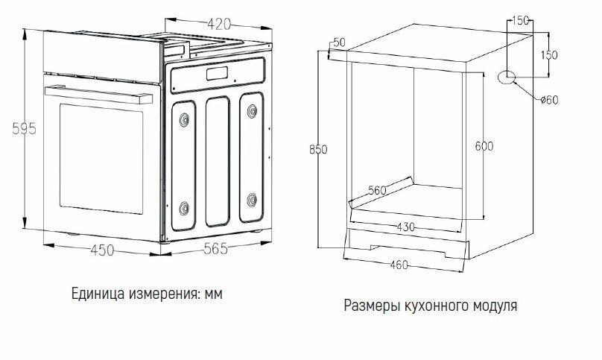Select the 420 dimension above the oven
(x=218, y=25)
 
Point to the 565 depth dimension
(x=216, y=250)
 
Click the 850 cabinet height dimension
(x=318, y=150)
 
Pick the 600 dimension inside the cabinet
(x=484, y=146)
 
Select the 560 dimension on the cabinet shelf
(x=377, y=191)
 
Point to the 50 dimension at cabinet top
(x=340, y=42)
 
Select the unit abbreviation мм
(x=214, y=294)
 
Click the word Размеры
(x=368, y=306)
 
